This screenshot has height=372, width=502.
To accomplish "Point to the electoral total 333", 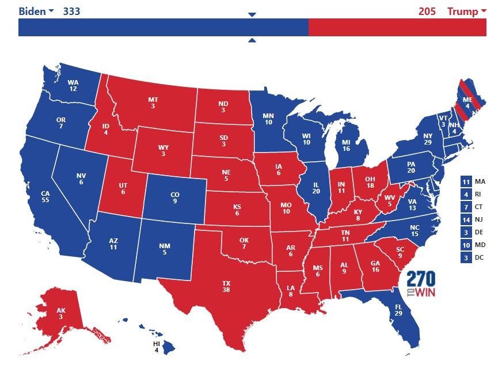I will point(71,12).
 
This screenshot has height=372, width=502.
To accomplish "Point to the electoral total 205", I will point(427,12).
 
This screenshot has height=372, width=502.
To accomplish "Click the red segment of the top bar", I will point(397,27).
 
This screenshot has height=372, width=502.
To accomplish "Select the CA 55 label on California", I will point(45,196).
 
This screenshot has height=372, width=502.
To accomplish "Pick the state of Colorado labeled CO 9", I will point(174,198).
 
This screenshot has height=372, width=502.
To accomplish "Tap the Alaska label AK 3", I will point(61,313).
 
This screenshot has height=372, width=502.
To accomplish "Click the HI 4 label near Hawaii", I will point(156,347).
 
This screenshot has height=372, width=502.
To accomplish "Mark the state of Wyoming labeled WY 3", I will point(164,151).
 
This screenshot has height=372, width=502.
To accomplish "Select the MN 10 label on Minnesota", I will point(268,119).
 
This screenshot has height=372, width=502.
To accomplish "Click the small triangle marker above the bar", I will point(252,14).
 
